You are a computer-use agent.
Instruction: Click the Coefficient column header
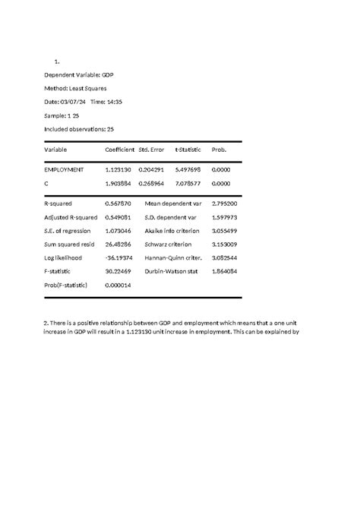(x=119, y=150)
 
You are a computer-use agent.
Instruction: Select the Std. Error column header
(x=151, y=150)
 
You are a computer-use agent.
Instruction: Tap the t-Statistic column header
(x=188, y=150)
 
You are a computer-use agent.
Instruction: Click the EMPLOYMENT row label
(x=65, y=170)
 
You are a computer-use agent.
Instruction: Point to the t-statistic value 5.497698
(x=188, y=170)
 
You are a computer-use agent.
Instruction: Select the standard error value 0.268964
(x=151, y=183)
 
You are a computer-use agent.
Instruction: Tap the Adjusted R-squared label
(x=71, y=217)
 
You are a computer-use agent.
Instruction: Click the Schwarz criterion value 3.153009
(x=226, y=245)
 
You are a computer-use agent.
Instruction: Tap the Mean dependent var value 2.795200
(x=226, y=204)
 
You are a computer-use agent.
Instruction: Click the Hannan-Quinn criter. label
(x=173, y=258)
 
